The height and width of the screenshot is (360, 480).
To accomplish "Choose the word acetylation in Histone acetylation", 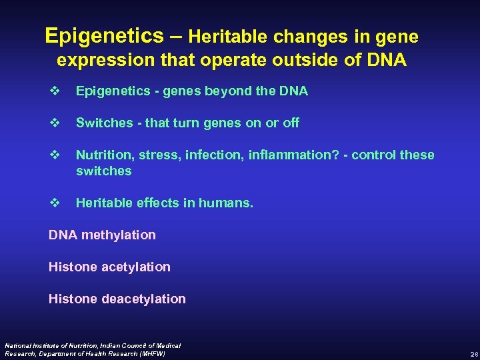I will pyautogui.click(x=136, y=267).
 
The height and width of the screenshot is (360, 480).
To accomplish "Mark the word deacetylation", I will pyautogui.click(x=144, y=299).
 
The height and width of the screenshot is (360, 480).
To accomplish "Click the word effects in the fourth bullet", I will pyautogui.click(x=149, y=203).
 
